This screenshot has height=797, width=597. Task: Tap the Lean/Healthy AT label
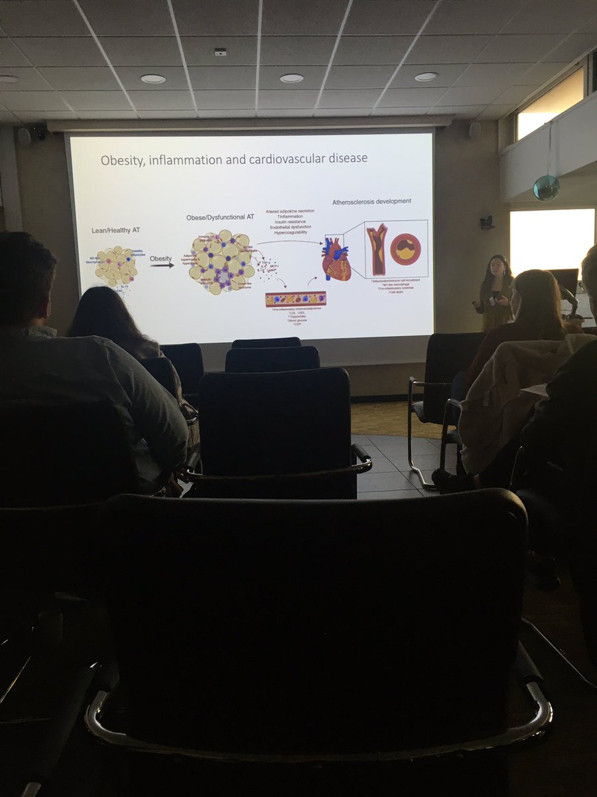[115, 230]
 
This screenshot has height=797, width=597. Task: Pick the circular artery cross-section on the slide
[405, 249]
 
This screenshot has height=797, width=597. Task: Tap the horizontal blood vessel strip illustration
[296, 299]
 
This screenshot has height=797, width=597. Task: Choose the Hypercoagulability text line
[290, 233]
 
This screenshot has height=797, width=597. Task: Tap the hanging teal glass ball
[546, 187]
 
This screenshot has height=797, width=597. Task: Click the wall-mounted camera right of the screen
[487, 222]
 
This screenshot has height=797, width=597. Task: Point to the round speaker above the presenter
[475, 130]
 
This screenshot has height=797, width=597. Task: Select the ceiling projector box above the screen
[220, 52]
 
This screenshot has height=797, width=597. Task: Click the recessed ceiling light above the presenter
[426, 77]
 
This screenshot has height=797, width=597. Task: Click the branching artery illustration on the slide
[377, 249]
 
